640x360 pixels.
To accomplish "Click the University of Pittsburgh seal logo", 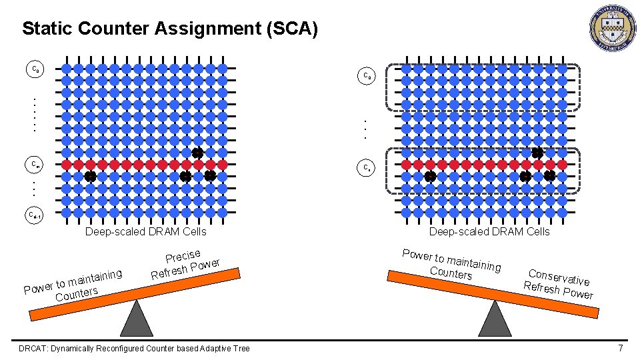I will tap(613, 29).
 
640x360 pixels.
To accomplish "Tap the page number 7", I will tap(621, 348).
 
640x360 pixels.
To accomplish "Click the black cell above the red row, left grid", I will tap(197, 153).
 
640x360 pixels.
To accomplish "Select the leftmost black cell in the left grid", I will tap(90, 177).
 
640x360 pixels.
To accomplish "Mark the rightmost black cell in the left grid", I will tap(210, 176).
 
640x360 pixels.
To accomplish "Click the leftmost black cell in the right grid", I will tap(430, 177).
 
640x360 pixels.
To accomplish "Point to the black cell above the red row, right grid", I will tap(537, 153).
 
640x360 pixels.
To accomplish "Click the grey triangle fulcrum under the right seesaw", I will tap(495, 319).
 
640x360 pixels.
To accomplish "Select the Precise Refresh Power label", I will tap(185, 265).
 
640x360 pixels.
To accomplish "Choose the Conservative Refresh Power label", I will tap(559, 283).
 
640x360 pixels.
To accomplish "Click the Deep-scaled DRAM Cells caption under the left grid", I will tap(146, 232).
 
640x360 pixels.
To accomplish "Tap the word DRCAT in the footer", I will tap(32, 349).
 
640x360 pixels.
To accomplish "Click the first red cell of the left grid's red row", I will tap(66, 164).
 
